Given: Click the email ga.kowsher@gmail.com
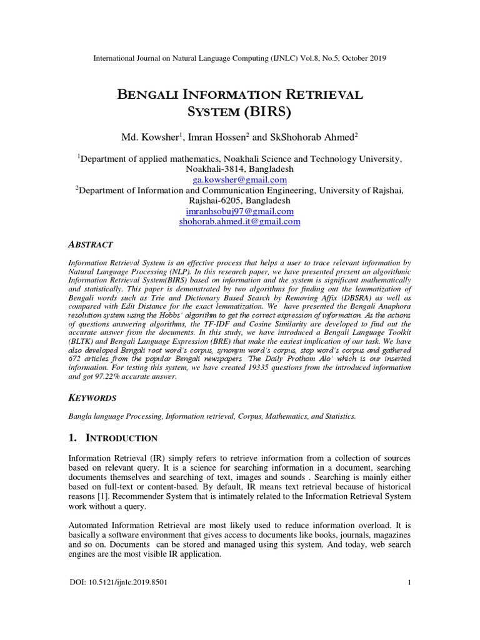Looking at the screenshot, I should tap(239, 179).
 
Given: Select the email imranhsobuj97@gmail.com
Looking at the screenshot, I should tap(239, 211).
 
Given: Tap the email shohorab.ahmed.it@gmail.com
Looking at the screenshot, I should tap(239, 222).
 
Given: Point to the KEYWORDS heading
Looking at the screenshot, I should tap(93, 397).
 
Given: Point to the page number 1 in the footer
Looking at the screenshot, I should tap(409, 582).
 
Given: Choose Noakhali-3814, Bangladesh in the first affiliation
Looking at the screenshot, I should tap(239, 169).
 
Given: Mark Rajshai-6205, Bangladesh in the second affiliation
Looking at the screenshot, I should tap(239, 201).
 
